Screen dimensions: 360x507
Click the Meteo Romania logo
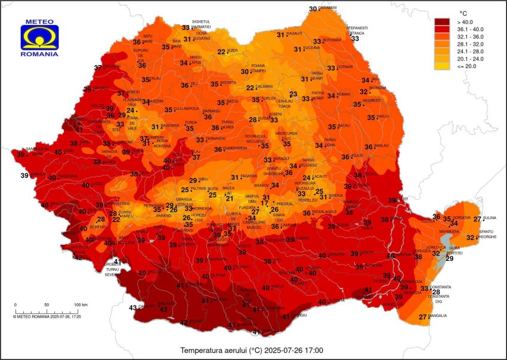[x=39, y=38]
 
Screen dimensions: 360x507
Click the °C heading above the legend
[x=462, y=12]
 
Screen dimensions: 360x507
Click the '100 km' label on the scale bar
[x=81, y=304]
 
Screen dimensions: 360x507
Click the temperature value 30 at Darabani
[x=313, y=9]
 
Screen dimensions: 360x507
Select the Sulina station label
[x=489, y=219]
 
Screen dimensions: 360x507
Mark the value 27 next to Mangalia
[x=422, y=317]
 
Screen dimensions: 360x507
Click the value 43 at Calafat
[x=133, y=308]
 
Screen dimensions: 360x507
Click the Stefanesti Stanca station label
[x=357, y=30]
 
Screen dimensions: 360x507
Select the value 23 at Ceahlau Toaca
[x=293, y=94]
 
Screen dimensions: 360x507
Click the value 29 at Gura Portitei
[x=449, y=258]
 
